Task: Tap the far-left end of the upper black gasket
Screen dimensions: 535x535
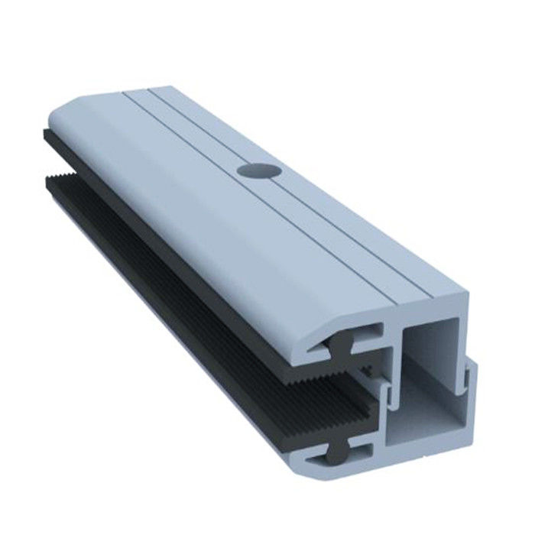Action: coord(47,136)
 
